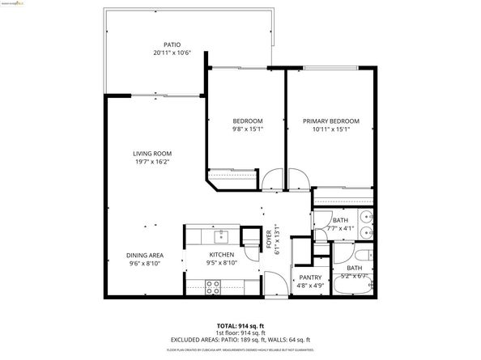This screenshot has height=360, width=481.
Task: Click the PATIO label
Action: (x=172, y=45)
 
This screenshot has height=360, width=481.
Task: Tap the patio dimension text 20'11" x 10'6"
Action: (x=172, y=54)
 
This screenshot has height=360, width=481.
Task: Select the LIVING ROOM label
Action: (x=152, y=153)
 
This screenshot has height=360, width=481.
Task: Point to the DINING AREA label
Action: (x=146, y=255)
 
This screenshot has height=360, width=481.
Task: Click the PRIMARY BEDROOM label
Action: (x=330, y=121)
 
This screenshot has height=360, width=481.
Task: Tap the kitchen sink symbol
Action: (x=220, y=236)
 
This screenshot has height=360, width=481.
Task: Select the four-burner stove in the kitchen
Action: (x=213, y=285)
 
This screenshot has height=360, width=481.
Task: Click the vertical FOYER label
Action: (x=269, y=238)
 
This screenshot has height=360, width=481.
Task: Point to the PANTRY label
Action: (x=305, y=277)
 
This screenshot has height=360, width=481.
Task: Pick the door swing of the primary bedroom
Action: (x=294, y=180)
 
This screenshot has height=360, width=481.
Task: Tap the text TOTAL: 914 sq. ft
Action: (x=240, y=324)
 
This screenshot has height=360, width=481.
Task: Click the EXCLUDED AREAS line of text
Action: (x=240, y=340)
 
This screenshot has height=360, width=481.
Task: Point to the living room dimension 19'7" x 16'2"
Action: (x=152, y=162)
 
